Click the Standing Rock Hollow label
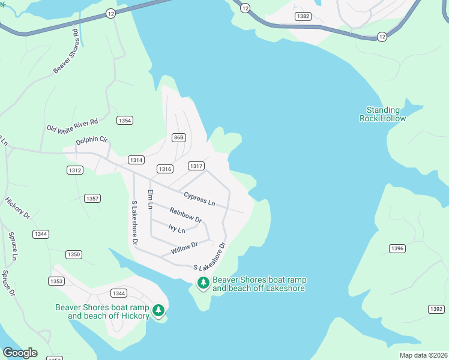(x=383, y=114)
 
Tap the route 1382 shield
(x=304, y=16)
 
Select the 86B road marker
(x=178, y=137)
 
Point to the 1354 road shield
(x=125, y=121)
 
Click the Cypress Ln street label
(x=199, y=198)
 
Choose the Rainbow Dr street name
(x=185, y=215)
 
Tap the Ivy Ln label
(x=177, y=228)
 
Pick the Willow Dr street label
(x=185, y=247)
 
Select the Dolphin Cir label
(x=92, y=141)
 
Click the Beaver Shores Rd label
(x=66, y=51)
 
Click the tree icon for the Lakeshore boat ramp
(x=203, y=283)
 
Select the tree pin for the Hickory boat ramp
(x=158, y=310)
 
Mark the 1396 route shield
(x=397, y=248)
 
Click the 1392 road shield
(x=436, y=309)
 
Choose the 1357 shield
(x=92, y=198)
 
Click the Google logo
(x=20, y=353)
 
